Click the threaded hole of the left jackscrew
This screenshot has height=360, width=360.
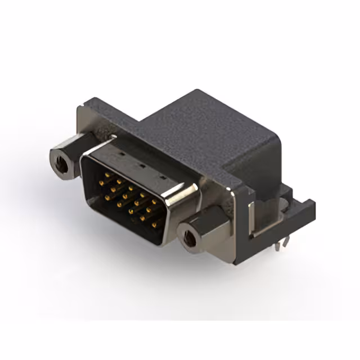click(60, 163)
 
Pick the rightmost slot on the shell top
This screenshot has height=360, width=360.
click(163, 178)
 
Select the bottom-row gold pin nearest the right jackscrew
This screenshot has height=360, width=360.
click(154, 224)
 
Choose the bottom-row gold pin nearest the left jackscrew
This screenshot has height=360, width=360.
click(106, 198)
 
